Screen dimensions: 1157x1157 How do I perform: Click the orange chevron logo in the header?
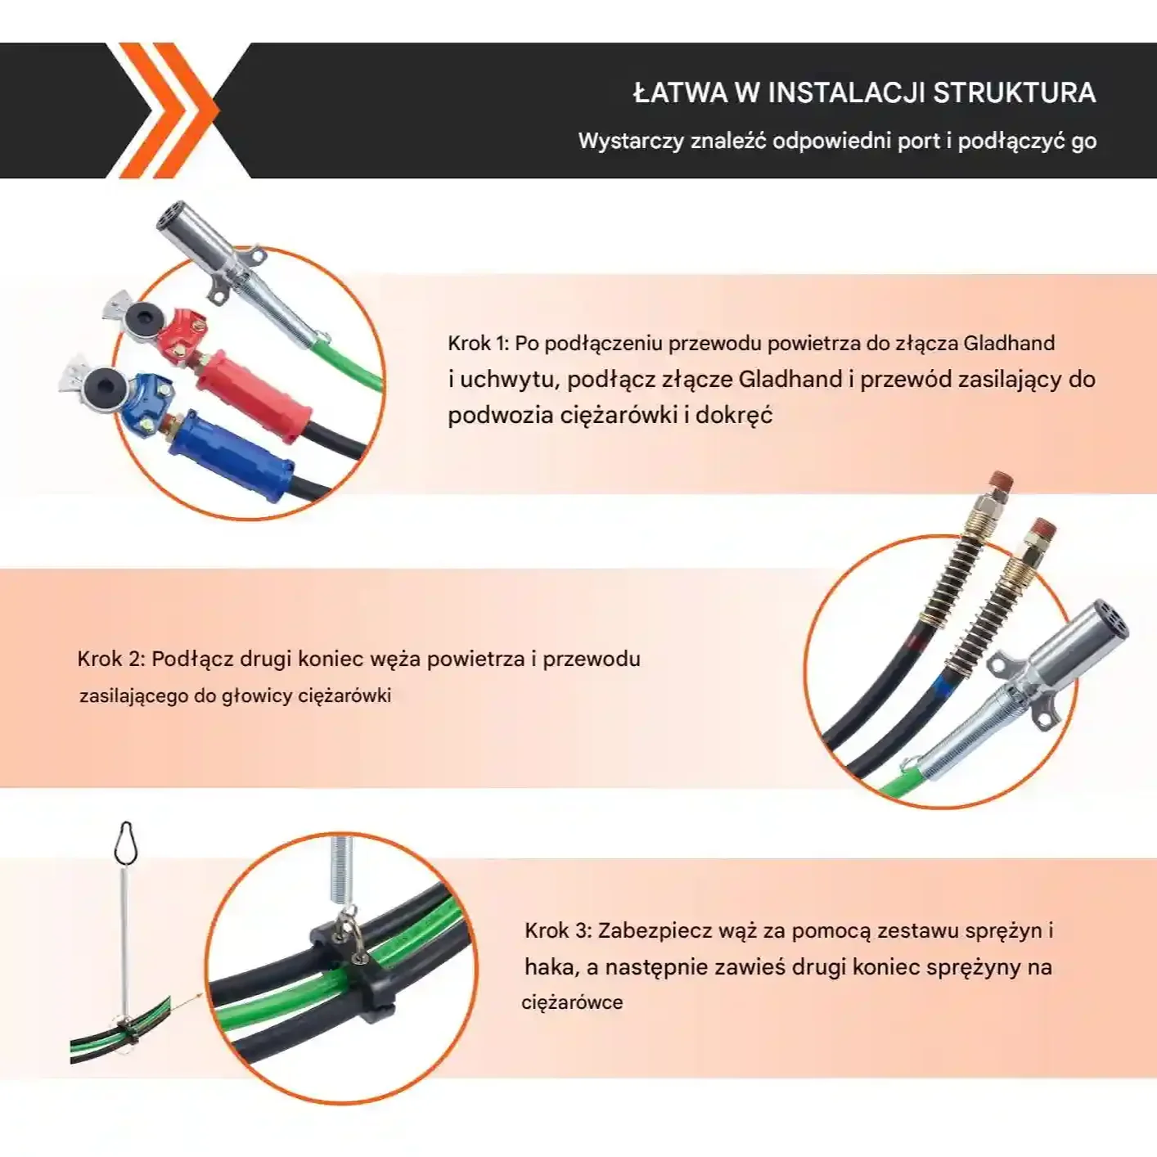(169, 110)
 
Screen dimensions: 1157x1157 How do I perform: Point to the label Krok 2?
(111, 660)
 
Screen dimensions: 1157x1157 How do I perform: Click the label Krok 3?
(559, 931)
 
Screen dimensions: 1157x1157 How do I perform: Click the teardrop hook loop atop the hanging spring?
(127, 841)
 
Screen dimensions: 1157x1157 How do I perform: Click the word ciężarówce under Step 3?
(572, 1002)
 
